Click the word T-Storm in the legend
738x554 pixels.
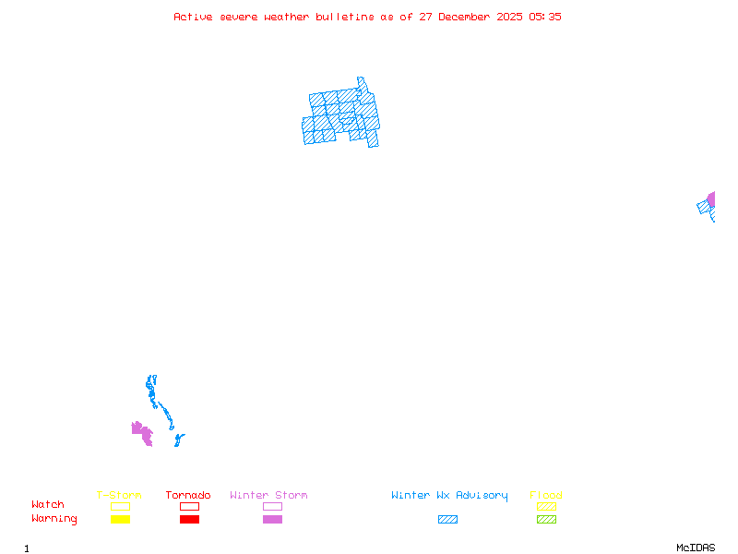[119, 496]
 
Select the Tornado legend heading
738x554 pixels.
[188, 496]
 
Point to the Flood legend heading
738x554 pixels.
[546, 496]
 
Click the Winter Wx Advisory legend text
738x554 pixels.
[449, 496]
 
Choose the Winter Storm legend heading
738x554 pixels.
[268, 496]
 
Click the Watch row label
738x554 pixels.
[48, 505]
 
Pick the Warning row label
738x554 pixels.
[54, 519]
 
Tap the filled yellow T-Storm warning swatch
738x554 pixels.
[120, 520]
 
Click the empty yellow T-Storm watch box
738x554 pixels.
[120, 506]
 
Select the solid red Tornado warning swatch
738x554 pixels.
[189, 520]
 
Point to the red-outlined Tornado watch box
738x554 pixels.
[189, 506]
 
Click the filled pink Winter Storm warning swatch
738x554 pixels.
[272, 520]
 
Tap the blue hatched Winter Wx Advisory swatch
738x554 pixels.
[447, 520]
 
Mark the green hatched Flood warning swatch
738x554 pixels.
[546, 520]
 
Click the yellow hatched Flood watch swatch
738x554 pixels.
[546, 506]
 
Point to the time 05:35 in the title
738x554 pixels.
[545, 17]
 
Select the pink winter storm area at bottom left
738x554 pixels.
[142, 432]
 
